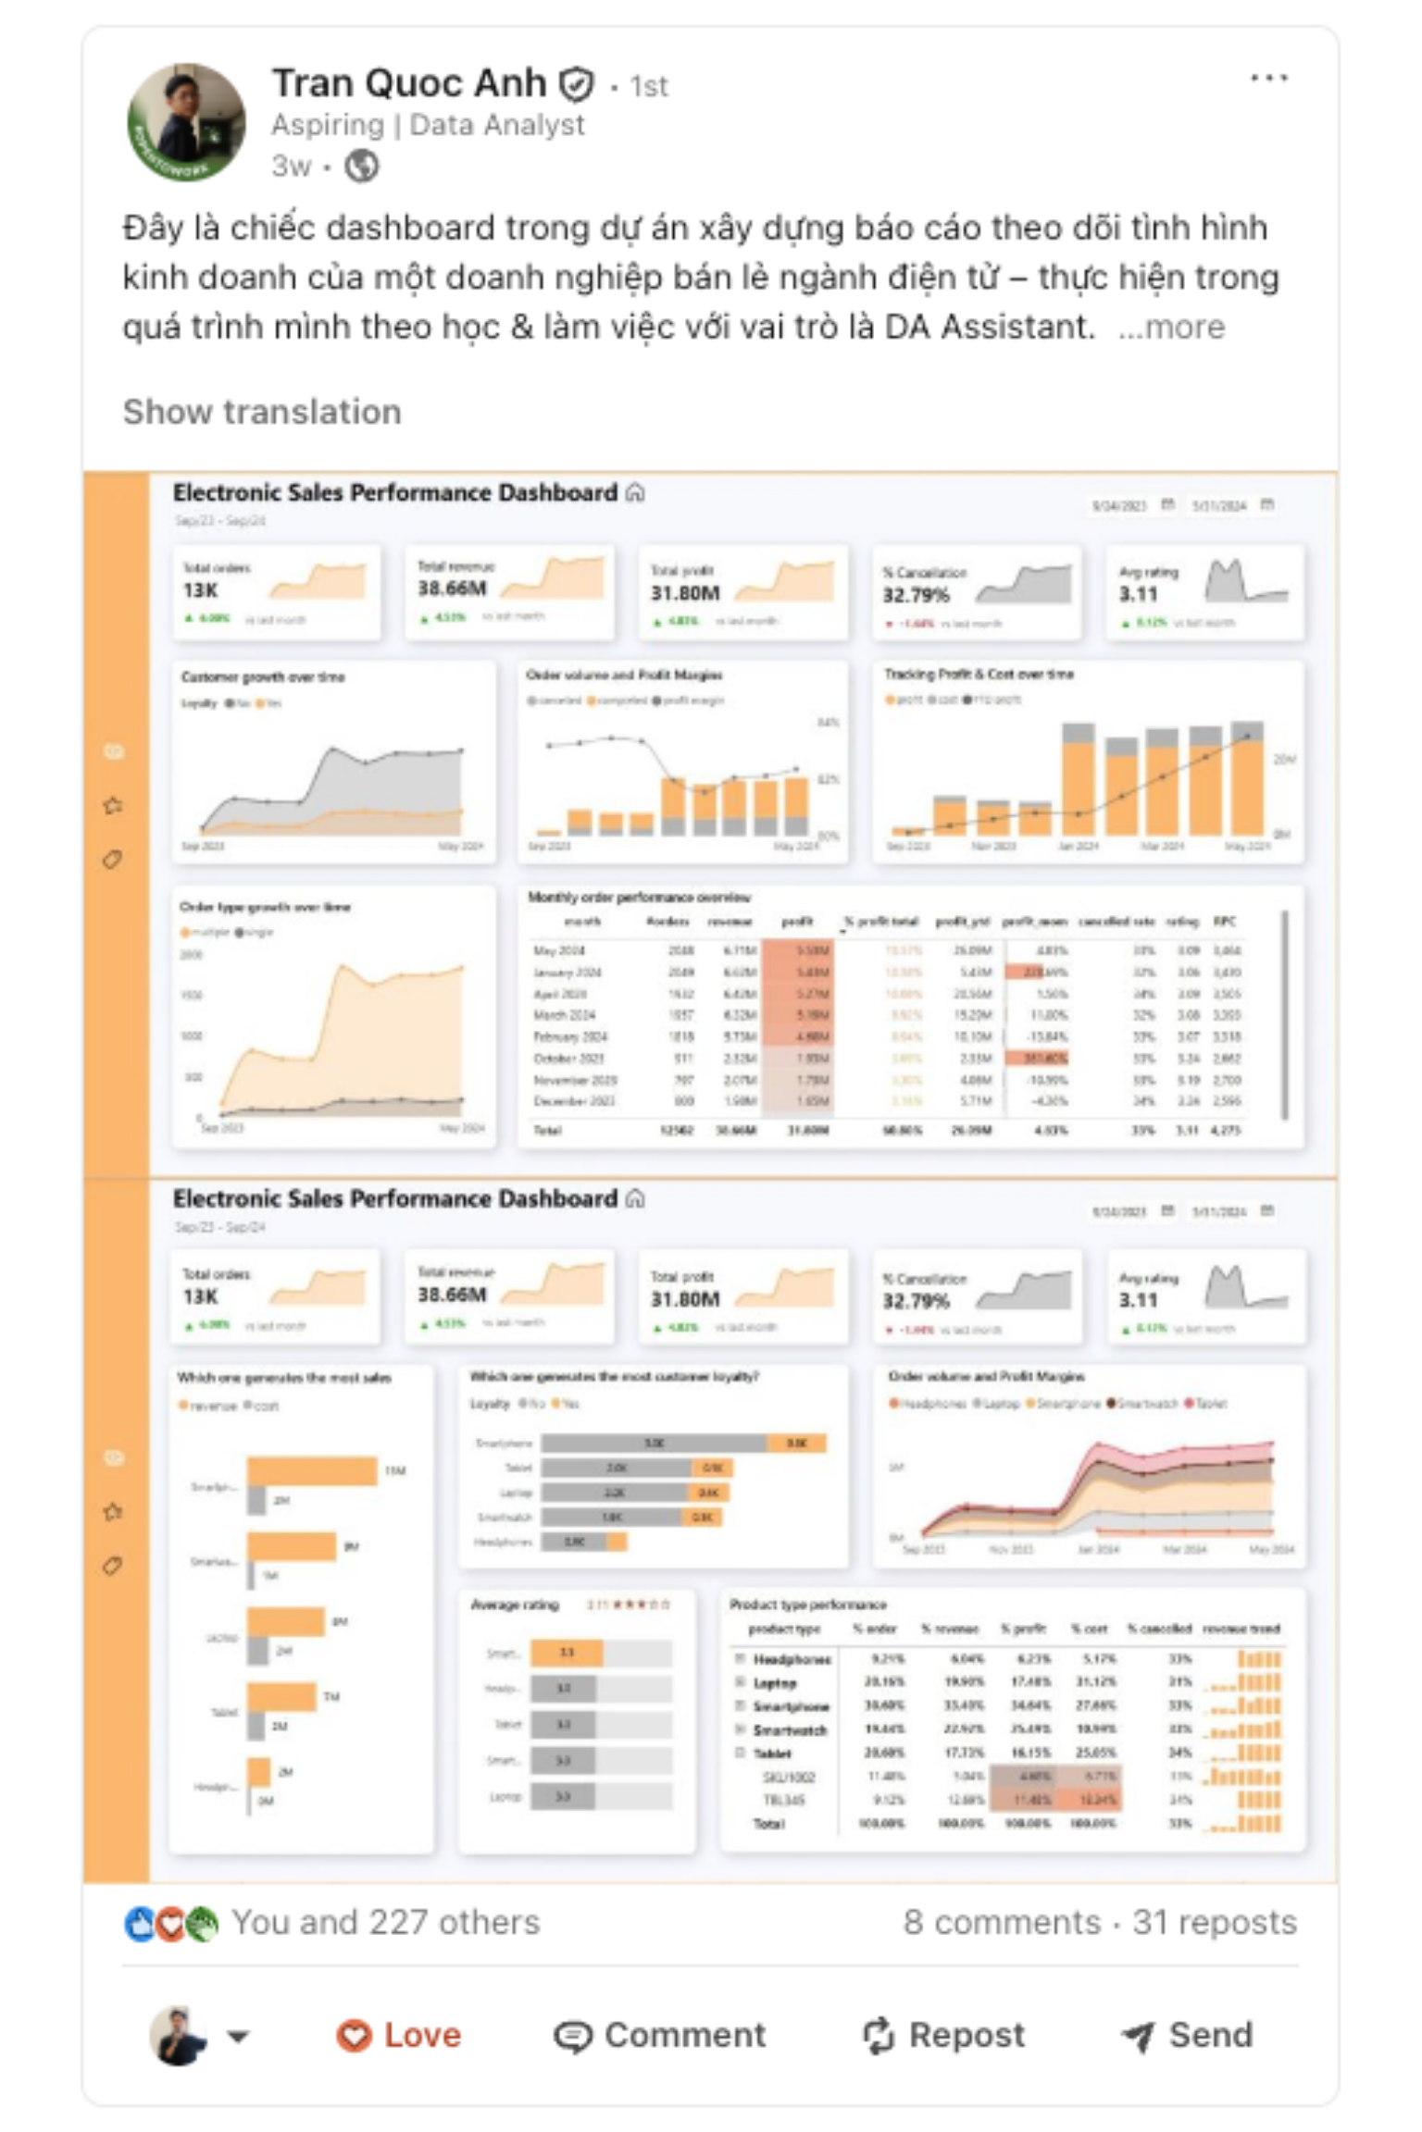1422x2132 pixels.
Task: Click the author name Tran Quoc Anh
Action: pos(408,83)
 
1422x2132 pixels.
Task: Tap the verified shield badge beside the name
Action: pos(576,85)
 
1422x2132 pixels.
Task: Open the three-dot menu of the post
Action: pos(1268,79)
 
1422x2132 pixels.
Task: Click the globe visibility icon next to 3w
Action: pos(361,167)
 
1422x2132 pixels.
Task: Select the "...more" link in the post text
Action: pos(1172,327)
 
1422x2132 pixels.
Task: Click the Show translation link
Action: pos(262,412)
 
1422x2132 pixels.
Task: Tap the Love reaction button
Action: pos(399,2035)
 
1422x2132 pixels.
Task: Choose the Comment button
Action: pos(660,2035)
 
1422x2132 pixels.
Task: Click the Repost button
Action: pos(943,2035)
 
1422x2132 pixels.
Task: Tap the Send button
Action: pos(1187,2035)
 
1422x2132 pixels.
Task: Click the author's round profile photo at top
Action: pos(186,122)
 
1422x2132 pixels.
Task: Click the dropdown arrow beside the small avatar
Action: pos(239,2036)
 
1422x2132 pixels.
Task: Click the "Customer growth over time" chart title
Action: pos(263,677)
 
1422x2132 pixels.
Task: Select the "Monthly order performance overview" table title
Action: pos(639,897)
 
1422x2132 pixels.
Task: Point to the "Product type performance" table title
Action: pos(807,1605)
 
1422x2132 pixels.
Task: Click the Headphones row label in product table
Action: pos(792,1659)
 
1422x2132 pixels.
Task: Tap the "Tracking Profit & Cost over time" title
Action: pos(979,674)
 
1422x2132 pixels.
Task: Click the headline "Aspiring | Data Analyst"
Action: pos(428,125)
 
